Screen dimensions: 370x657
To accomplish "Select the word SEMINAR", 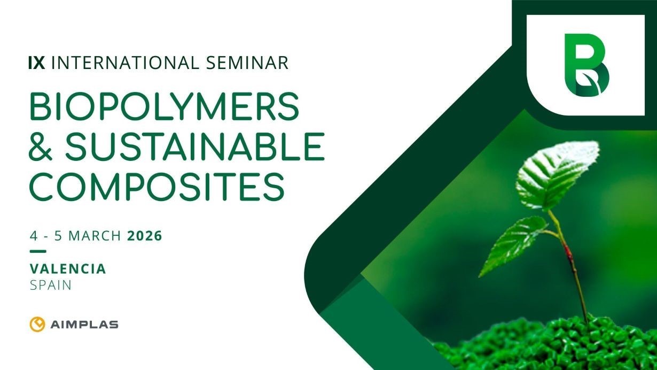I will [250, 63].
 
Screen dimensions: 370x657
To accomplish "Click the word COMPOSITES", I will [156, 185].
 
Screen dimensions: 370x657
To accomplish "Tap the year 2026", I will [144, 235].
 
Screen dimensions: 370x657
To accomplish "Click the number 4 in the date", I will [33, 235].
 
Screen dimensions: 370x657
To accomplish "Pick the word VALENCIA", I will [68, 268].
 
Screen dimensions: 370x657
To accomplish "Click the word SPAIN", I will [51, 285].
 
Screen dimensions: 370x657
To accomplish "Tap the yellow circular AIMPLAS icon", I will [37, 325].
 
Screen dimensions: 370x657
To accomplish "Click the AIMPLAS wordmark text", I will [84, 325].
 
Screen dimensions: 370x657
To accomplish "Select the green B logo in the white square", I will [586, 65].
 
